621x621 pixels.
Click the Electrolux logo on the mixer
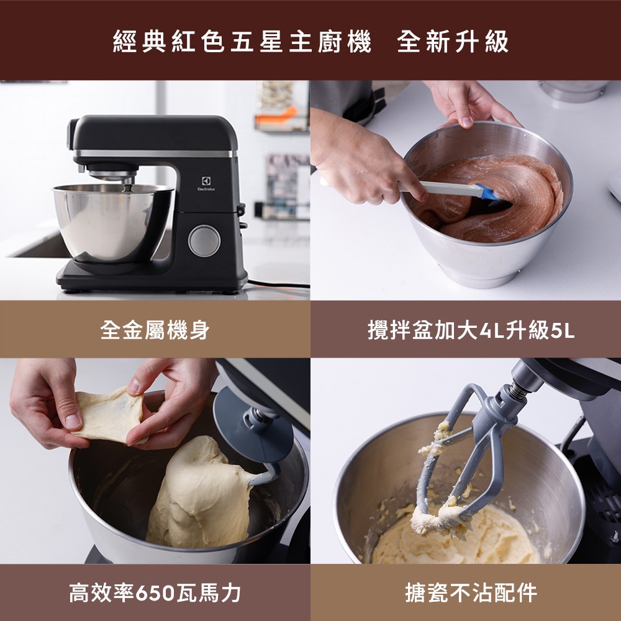click(x=206, y=184)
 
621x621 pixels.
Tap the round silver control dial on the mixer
click(x=204, y=241)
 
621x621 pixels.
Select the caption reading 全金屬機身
click(x=155, y=330)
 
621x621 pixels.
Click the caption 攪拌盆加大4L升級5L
click(x=471, y=330)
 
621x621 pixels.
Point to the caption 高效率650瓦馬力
click(x=155, y=593)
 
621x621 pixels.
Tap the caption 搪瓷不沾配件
click(x=471, y=593)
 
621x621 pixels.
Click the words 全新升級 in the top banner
click(x=453, y=42)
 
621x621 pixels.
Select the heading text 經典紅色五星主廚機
click(x=242, y=42)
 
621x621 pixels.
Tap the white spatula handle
click(x=440, y=188)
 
